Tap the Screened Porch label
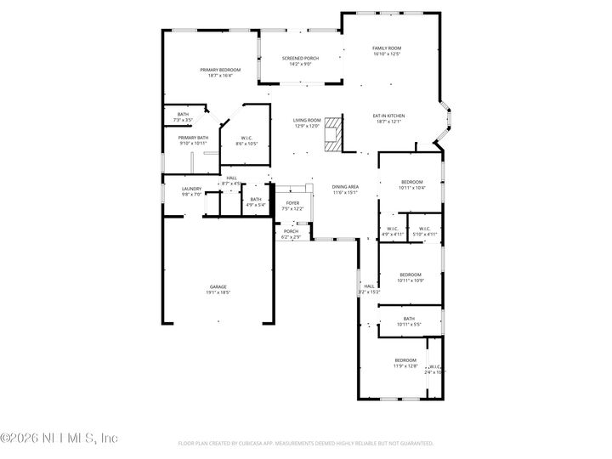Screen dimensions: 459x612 [301, 60]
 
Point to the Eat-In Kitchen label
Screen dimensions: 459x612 [388, 118]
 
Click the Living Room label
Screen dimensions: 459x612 [307, 123]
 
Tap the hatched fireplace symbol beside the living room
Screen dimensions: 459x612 [332, 133]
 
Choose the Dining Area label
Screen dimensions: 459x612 [345, 189]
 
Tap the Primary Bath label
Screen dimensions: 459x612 [193, 140]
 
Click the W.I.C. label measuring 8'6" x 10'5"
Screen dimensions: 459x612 [246, 140]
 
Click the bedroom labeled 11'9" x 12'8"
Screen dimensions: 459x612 [405, 363]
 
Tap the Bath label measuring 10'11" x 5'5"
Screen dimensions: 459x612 [409, 321]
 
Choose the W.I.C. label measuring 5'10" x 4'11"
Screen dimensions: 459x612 [422, 230]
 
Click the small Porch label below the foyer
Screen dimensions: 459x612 [291, 234]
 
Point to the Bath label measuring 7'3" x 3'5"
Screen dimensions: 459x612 [183, 117]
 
